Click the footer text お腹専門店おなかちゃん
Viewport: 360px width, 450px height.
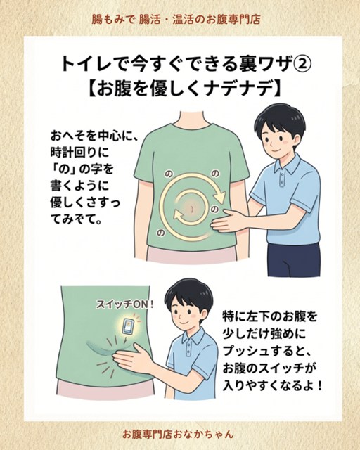tap(178, 434)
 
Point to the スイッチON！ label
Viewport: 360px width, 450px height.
tap(124, 304)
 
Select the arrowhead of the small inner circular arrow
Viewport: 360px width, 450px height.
tap(179, 216)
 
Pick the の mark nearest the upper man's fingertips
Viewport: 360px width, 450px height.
tap(214, 210)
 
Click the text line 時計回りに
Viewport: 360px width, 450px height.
tap(80, 152)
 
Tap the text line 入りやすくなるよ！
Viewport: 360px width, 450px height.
tap(272, 385)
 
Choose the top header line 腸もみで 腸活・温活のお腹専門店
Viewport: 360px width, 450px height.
tap(176, 20)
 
